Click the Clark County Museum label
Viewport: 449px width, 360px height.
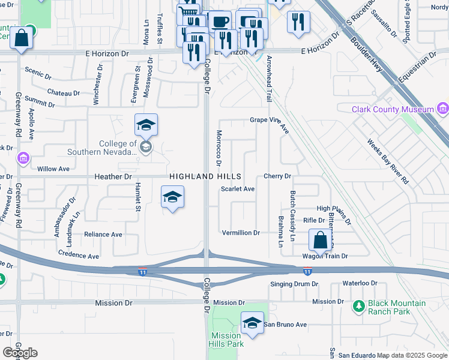click(393, 109)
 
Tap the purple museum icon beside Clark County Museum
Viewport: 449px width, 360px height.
click(443, 109)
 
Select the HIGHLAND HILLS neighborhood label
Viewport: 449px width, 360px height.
click(205, 176)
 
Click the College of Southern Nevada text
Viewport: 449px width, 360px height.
click(118, 148)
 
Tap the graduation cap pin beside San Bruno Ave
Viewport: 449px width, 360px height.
click(252, 323)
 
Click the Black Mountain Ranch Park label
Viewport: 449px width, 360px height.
click(397, 308)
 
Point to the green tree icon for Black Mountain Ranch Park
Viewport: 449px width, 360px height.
click(358, 307)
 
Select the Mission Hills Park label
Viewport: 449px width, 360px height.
click(226, 340)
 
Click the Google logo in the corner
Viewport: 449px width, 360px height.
click(20, 352)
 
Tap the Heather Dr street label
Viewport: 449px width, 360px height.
click(113, 177)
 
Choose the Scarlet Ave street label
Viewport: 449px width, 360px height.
click(238, 188)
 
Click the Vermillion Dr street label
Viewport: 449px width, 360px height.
click(240, 233)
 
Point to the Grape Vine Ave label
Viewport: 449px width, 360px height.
click(270, 120)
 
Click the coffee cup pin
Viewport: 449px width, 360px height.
click(220, 22)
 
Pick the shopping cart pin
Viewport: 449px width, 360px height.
click(188, 13)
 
